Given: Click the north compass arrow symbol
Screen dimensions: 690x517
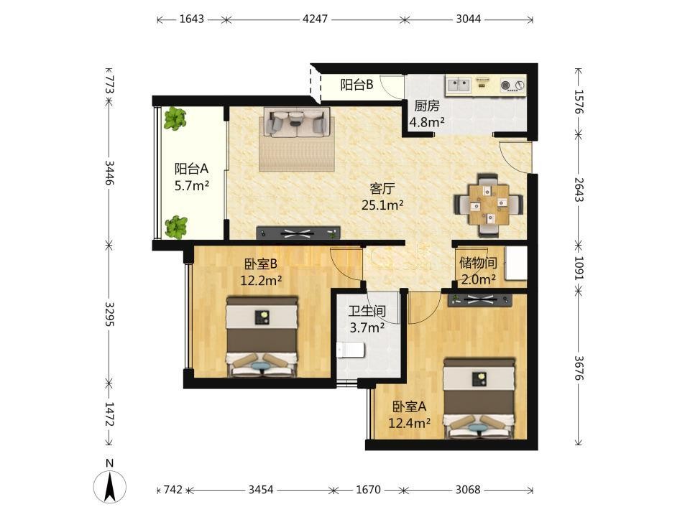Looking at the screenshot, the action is [x=110, y=487].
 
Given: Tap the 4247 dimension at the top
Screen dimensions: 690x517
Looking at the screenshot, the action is [x=315, y=19].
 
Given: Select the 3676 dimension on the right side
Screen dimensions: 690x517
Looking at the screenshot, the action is [x=578, y=368].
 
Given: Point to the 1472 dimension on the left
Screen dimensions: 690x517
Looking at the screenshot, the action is [x=109, y=414].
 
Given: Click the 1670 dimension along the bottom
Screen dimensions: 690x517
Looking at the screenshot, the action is [x=368, y=489].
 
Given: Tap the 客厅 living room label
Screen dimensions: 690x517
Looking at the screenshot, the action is [x=382, y=189].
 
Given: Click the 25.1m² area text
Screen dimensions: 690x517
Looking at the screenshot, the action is [x=382, y=205].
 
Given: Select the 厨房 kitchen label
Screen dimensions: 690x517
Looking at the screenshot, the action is [x=427, y=106].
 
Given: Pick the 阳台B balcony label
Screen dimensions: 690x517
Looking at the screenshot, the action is [x=357, y=85].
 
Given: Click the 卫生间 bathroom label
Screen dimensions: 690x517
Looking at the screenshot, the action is [x=367, y=311].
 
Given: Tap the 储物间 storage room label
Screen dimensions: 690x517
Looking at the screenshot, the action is [x=479, y=263].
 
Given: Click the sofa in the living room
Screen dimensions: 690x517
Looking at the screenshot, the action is [x=296, y=122].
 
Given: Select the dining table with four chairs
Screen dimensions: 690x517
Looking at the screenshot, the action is [x=489, y=205].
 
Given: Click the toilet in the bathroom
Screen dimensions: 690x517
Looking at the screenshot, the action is [x=351, y=350].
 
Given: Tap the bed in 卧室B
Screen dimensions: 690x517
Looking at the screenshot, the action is [x=262, y=337].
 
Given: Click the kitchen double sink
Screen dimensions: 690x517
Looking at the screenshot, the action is [x=459, y=84].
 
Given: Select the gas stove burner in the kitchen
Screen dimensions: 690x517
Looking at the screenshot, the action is [x=513, y=85].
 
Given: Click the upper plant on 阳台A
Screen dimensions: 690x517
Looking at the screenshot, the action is [x=175, y=118].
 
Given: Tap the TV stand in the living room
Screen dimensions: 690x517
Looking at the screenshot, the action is [x=298, y=233].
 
